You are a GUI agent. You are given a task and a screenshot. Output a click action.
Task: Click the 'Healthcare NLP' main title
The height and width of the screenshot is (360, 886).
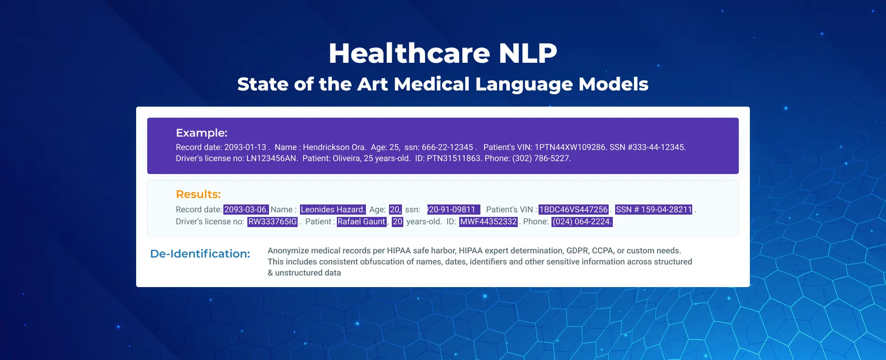443,53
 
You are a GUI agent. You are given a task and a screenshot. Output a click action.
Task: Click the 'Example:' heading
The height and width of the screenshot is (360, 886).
202,133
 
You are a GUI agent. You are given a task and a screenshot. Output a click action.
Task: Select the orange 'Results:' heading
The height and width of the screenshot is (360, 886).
198,194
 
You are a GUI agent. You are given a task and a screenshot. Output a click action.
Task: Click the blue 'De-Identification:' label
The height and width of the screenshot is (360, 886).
200,254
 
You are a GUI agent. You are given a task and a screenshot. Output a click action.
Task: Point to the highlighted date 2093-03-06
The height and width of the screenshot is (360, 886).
246,210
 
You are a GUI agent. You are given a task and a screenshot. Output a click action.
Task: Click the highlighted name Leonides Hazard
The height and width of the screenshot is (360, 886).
333,210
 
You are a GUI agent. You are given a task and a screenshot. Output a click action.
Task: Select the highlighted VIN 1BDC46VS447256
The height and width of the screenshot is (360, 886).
574,210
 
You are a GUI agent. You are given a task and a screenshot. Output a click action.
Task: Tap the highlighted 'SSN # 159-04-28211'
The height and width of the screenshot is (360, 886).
654,210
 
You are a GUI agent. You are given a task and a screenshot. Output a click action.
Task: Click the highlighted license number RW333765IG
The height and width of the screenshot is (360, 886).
273,222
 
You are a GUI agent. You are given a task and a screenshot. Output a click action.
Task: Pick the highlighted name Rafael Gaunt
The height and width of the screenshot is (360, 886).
361,222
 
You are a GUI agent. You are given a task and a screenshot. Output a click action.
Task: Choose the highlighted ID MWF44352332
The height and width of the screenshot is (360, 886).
489,222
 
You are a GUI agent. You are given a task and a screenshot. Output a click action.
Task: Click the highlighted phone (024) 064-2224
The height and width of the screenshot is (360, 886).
582,222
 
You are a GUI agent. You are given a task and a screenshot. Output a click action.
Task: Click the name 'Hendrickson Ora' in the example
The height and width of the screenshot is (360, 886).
334,147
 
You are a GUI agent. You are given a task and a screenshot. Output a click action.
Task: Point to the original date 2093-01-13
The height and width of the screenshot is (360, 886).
245,147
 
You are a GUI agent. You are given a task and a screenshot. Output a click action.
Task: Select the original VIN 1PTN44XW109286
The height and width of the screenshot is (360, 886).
570,147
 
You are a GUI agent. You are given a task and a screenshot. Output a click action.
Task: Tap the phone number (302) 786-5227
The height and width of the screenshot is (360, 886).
541,158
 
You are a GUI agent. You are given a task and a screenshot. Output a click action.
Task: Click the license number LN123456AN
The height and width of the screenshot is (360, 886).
271,158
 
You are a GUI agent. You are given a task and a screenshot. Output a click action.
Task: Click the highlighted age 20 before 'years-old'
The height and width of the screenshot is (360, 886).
398,222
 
